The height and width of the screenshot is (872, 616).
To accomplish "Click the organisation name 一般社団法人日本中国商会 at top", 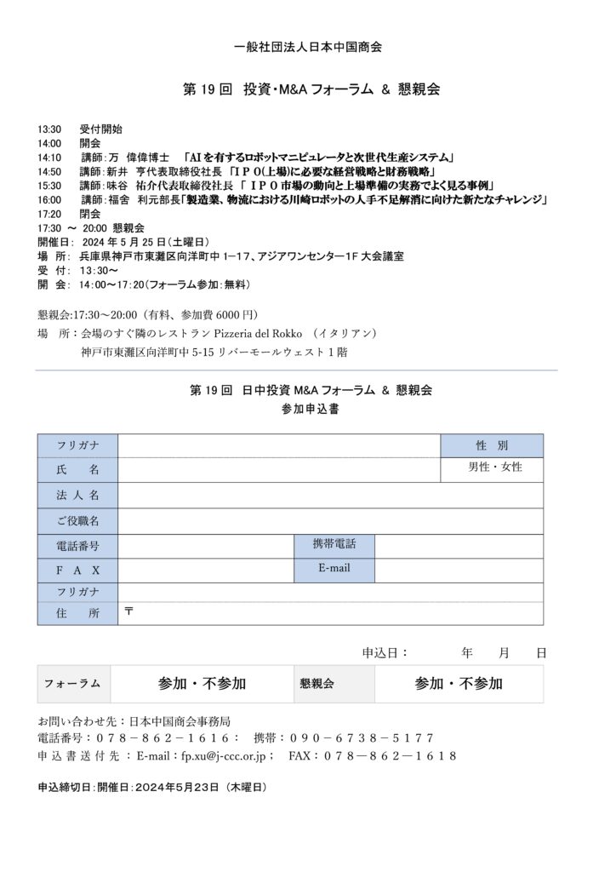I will click(x=307, y=48).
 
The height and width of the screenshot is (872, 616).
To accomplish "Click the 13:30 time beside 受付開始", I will click(x=49, y=129).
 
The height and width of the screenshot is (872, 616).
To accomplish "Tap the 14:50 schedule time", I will click(x=49, y=171).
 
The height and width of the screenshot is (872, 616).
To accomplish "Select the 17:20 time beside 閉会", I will click(x=49, y=214).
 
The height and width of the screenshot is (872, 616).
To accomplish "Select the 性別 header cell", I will click(x=492, y=445).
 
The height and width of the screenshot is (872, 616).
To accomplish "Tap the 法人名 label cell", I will click(x=77, y=495).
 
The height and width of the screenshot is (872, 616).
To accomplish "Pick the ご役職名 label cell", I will click(x=77, y=520).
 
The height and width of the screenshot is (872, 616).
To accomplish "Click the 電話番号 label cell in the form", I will click(x=77, y=546).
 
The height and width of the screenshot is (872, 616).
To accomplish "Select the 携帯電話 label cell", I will click(x=334, y=544).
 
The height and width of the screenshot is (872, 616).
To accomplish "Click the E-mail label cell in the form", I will click(x=334, y=568).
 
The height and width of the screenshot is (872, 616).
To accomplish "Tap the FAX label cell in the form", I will click(x=77, y=570).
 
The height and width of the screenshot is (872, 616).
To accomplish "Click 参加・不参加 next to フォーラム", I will click(x=202, y=683).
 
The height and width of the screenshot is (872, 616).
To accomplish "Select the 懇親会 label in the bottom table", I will click(x=317, y=683).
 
